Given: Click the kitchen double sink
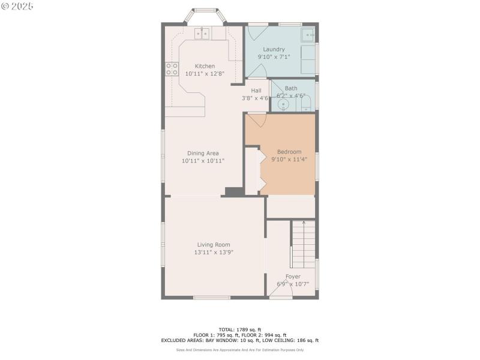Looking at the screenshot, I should [202, 34].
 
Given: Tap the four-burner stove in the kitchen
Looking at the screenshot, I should [172, 68].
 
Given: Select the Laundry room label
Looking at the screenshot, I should [274, 49].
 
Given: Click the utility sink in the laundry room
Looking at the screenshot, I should [308, 34].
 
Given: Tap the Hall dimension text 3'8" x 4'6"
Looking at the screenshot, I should [255, 98].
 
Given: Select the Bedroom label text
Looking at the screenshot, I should [289, 152].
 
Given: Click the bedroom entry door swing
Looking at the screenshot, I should [257, 121].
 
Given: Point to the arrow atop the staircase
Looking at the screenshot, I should [304, 223].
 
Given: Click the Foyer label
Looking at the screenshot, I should [293, 277].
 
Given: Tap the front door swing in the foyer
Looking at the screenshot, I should [280, 293].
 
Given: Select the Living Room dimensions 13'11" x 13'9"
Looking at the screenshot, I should [213, 253].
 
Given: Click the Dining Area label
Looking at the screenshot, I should [203, 153].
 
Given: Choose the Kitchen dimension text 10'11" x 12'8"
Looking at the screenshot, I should [205, 74].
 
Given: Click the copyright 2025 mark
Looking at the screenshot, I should [17, 5].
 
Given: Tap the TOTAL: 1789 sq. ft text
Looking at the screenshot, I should [239, 329].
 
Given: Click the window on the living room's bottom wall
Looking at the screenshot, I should [211, 298].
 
